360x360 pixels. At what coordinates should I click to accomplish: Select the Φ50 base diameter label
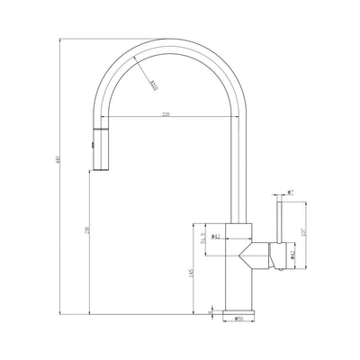238,318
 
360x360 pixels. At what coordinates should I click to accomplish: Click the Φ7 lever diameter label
290,192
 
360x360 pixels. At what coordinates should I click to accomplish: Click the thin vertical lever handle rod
277,220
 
